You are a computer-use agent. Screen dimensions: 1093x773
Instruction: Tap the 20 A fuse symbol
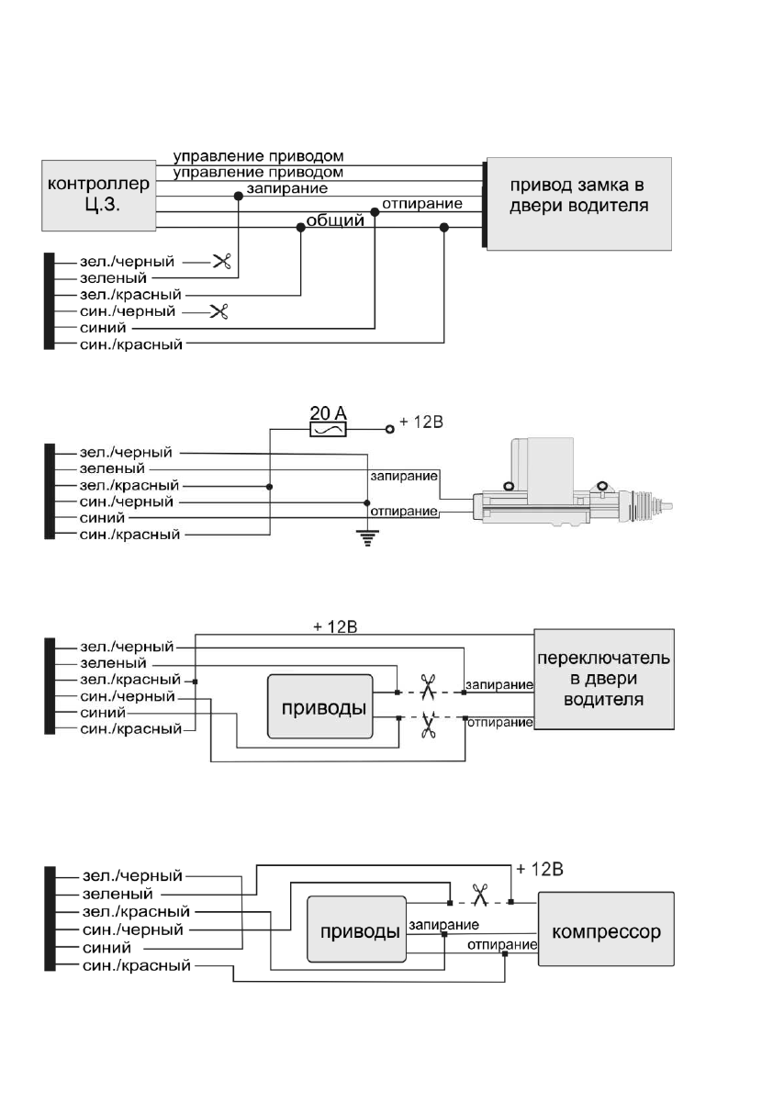pyautogui.click(x=328, y=428)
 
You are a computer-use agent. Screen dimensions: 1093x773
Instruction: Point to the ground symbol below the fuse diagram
pyautogui.click(x=368, y=539)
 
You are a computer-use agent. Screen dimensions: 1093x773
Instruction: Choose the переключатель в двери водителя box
pyautogui.click(x=603, y=679)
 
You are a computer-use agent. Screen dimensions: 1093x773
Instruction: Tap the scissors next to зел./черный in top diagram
pyautogui.click(x=221, y=262)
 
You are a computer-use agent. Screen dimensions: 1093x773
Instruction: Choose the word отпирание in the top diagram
pyautogui.click(x=421, y=203)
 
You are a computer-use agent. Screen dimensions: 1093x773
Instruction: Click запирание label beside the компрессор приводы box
pyautogui.click(x=443, y=924)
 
